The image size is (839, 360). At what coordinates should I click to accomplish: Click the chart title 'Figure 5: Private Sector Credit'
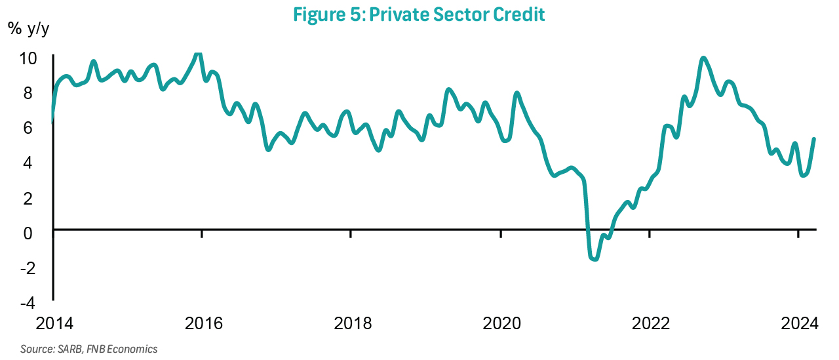coord(419,14)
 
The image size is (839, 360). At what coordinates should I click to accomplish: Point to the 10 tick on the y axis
coord(28,58)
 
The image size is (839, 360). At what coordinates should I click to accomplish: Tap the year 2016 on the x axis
coord(203,323)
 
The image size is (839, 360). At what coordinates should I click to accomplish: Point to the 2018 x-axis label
coord(352,323)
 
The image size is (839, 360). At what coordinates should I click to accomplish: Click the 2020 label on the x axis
coord(501,323)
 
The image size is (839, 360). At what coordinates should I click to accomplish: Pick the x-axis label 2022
coord(650,323)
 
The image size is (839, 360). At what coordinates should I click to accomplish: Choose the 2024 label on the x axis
coord(798,323)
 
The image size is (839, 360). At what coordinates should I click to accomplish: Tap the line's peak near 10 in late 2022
coord(703,58)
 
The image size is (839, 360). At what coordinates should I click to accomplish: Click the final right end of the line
coord(814,139)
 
